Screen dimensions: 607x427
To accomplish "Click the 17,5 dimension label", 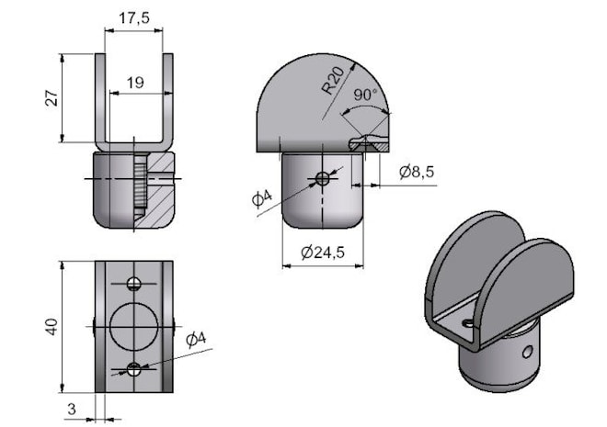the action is tap(133, 17).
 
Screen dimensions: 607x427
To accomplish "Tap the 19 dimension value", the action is tap(135, 83).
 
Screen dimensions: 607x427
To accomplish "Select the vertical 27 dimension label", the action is tap(52, 97).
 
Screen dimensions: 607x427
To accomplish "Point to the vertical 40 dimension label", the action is tap(52, 327).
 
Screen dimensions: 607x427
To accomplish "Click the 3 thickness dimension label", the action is tap(72, 410).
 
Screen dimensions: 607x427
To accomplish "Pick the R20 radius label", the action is tap(333, 81).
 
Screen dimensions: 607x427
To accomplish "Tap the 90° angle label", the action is tap(365, 95).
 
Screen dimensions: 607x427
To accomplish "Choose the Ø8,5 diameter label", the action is tap(417, 172).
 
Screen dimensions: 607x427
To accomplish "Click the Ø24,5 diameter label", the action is tap(323, 253).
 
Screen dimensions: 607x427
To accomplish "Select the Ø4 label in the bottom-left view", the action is tap(196, 339).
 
